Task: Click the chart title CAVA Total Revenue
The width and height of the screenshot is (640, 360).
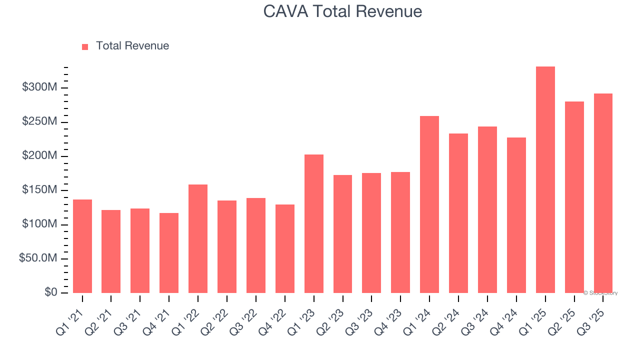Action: (342, 11)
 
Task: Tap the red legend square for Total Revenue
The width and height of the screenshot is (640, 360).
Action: (85, 46)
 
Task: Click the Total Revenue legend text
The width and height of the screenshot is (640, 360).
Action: (132, 46)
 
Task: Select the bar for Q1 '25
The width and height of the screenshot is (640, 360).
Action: (545, 179)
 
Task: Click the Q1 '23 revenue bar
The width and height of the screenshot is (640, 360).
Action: (313, 223)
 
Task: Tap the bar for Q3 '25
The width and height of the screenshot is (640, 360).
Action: (603, 193)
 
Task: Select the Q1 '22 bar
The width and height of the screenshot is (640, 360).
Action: (198, 238)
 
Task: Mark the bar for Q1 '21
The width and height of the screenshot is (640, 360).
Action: (82, 246)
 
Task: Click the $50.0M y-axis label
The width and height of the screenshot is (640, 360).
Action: (38, 258)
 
